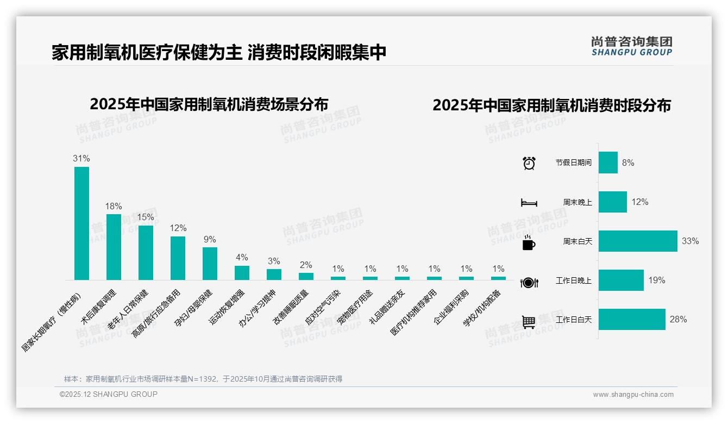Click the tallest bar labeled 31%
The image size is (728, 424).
click(81, 223)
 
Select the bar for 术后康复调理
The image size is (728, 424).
click(114, 247)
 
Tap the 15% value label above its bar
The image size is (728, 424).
click(146, 217)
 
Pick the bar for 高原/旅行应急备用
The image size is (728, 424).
click(178, 258)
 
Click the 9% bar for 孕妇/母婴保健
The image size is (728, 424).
click(210, 264)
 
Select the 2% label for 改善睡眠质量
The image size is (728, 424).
click(306, 265)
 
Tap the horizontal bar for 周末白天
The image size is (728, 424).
click(638, 241)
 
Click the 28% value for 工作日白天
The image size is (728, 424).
click(678, 320)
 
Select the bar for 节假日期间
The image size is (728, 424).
click(608, 163)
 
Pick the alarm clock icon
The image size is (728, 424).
click(529, 163)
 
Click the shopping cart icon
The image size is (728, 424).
click(529, 322)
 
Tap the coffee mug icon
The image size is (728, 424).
click(529, 242)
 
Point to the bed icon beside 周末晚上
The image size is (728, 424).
click(529, 203)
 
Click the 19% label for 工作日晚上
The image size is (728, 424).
click(656, 280)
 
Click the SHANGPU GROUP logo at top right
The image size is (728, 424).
click(632, 46)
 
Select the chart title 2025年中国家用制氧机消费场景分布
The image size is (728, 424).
click(209, 104)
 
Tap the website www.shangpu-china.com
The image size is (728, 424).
click(633, 395)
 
